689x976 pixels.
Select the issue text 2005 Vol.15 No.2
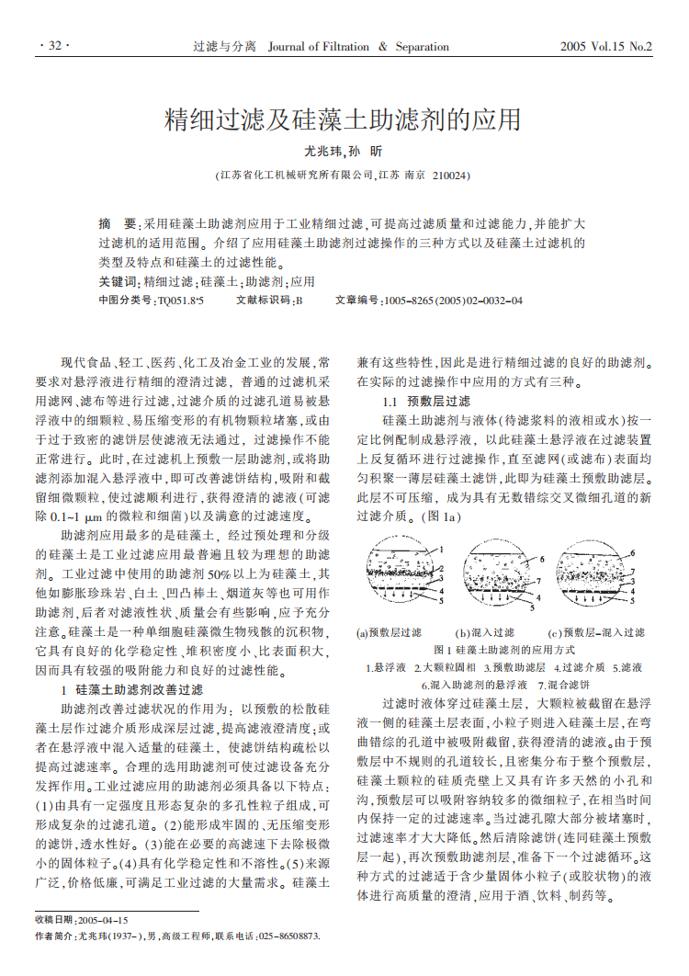tap(605, 46)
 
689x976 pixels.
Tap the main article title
tap(344, 119)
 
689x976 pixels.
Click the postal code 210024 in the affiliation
tap(450, 175)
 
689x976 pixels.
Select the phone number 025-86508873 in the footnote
tap(288, 936)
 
